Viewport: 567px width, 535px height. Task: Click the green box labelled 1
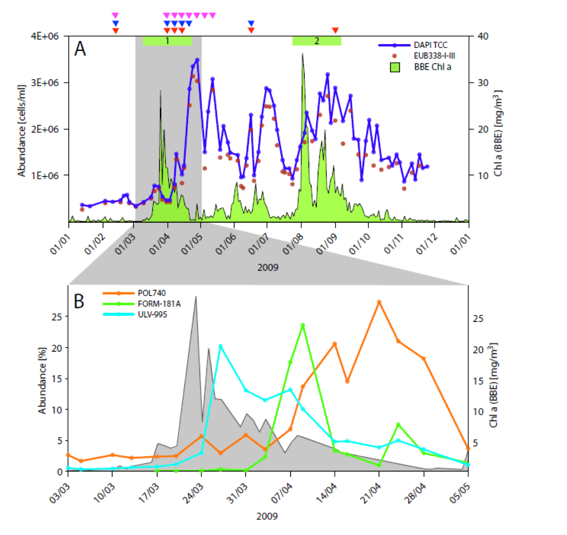pos(167,41)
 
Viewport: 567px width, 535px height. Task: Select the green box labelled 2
pos(316,41)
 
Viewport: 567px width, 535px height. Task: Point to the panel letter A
pos(80,49)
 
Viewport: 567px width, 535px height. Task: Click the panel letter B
pos(79,301)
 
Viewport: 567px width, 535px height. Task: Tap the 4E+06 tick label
pos(45,36)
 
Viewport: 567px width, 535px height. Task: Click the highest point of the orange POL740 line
pos(379,302)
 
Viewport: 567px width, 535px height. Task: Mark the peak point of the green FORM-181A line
pos(303,325)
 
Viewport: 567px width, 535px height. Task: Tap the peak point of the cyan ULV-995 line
pos(220,346)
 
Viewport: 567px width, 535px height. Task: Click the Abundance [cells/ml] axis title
pos(22,131)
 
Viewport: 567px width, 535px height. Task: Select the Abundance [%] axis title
pos(42,380)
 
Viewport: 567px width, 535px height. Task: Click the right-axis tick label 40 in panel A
pos(483,36)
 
